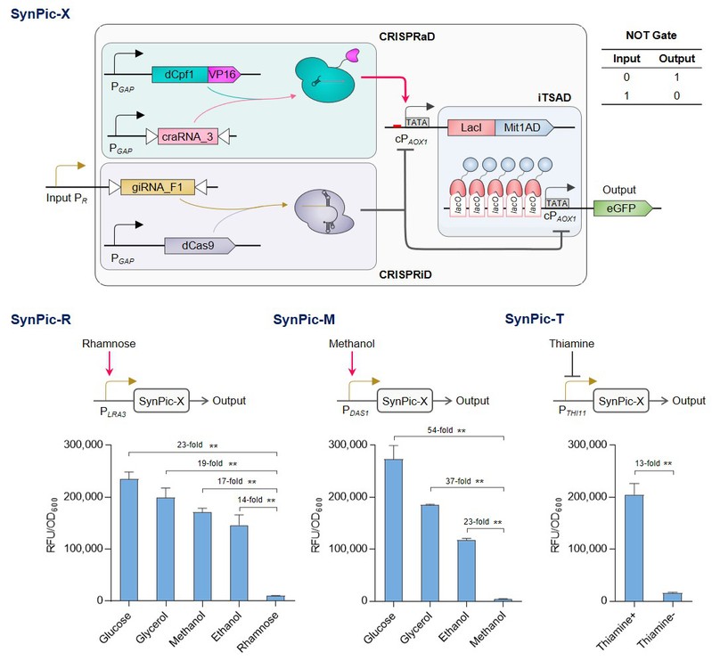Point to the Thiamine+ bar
pos(634,548)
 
